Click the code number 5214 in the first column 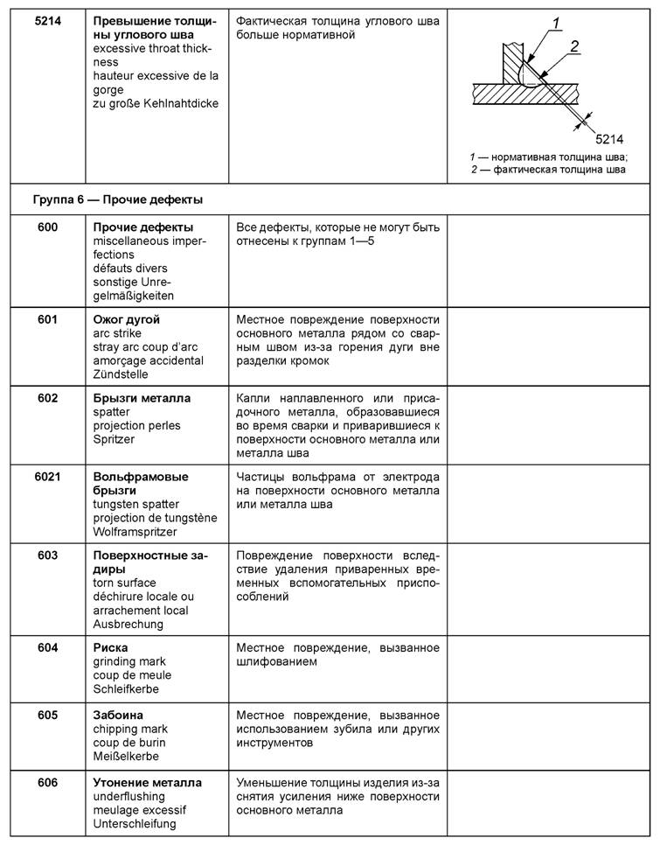point(47,21)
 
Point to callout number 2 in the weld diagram point(575,47)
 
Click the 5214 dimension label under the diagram point(609,138)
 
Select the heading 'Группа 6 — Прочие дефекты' point(117,199)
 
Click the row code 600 point(47,228)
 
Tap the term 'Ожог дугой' point(126,320)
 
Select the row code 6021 point(47,477)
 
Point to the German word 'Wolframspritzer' point(135,531)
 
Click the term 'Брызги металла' point(142,399)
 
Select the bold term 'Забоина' point(118,716)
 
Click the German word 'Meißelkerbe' point(128,756)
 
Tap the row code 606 point(47,783)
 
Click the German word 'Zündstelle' point(122,374)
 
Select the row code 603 point(47,556)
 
